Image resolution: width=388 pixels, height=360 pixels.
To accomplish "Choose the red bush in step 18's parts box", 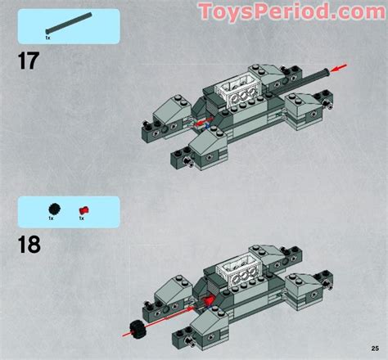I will click(83, 209).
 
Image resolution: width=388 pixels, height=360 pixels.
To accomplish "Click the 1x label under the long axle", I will click(47, 38).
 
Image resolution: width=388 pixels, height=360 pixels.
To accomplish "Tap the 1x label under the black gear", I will click(51, 218).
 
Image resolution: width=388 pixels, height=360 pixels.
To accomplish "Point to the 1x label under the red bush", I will click(83, 218).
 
